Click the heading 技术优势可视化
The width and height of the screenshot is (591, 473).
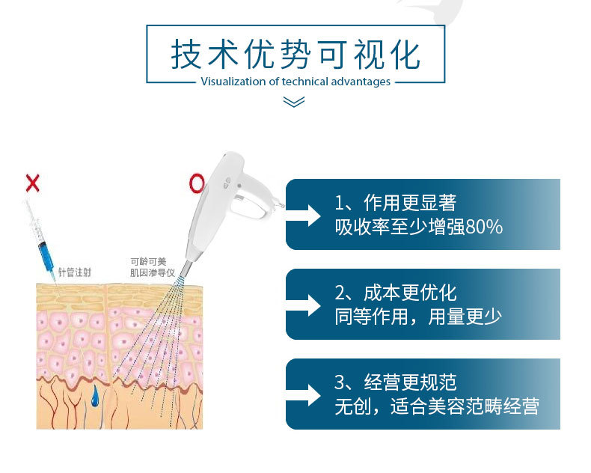pos(295,55)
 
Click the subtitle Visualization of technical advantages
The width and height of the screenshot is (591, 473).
pos(295,82)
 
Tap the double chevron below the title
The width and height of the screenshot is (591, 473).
pos(293,102)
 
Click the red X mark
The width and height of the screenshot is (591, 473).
pos(32,183)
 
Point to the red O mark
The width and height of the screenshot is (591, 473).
pos(197,183)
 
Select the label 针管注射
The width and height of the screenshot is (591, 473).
pos(74,272)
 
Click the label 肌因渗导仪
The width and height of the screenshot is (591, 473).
pos(153,272)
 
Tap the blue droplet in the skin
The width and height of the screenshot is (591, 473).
pos(94,396)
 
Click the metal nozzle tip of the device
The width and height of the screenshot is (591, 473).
pos(186,269)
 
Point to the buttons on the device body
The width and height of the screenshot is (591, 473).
pos(227,183)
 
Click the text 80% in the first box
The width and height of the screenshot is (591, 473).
pos(484,227)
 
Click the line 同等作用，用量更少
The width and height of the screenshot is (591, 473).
pos(418,317)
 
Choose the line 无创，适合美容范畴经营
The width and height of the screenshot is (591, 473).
pos(437,406)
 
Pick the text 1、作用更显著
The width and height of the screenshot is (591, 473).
pos(396,203)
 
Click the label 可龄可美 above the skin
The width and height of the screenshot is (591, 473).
pos(148,261)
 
